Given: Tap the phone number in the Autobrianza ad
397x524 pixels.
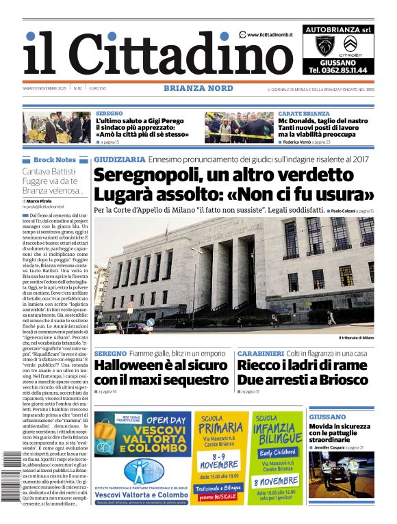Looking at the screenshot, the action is [x=337, y=70].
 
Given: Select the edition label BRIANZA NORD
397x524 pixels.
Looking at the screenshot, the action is [x=198, y=88].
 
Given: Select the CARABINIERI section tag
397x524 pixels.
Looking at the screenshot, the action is [x=261, y=353].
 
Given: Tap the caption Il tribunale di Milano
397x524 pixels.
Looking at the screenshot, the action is [x=356, y=338].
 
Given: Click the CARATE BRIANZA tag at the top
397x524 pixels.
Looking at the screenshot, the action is [x=303, y=113].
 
